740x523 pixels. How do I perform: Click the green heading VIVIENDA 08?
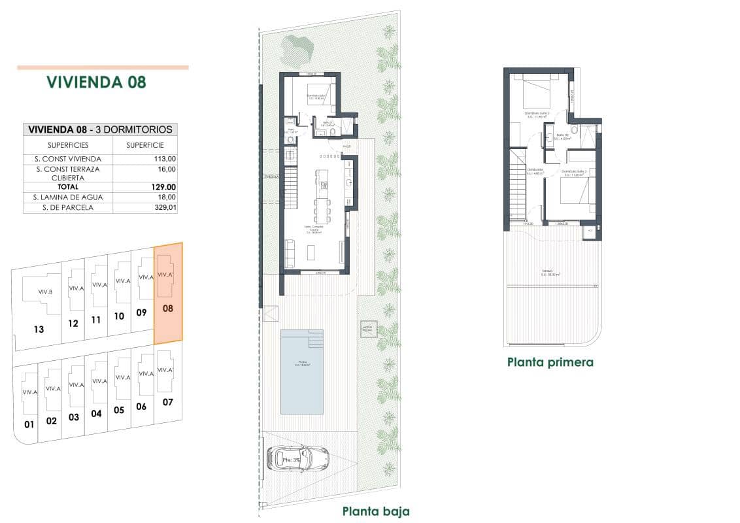click(x=96, y=82)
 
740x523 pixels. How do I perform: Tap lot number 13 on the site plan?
click(x=39, y=329)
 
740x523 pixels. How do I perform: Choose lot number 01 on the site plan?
click(x=28, y=424)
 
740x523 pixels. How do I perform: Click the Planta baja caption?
click(x=376, y=511)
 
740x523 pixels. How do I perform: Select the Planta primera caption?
click(x=550, y=362)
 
